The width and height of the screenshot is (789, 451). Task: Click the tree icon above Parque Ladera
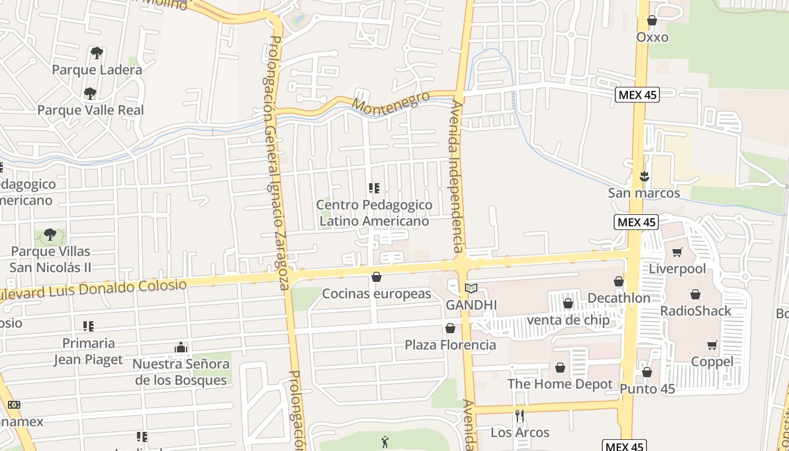(x=97, y=53)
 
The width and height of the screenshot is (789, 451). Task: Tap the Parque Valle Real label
(x=91, y=110)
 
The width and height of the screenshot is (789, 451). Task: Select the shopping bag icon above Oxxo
(x=652, y=21)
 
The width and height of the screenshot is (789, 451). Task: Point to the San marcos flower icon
(x=644, y=176)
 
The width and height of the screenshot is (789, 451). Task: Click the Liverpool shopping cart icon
(x=677, y=252)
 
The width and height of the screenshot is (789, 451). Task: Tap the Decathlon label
(x=618, y=298)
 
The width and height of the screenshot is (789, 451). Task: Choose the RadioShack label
(x=695, y=311)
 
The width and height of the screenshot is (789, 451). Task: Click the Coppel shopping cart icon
(x=712, y=345)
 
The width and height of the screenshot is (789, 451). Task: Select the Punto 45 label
(x=647, y=389)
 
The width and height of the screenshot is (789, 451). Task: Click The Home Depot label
(x=560, y=384)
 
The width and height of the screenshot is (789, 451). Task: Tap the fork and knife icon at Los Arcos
(x=520, y=416)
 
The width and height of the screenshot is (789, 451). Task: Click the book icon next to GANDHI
(x=471, y=289)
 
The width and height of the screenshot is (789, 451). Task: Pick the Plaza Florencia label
(x=450, y=344)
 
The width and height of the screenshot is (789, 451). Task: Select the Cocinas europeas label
(x=376, y=294)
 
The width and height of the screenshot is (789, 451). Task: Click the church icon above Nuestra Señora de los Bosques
(x=180, y=347)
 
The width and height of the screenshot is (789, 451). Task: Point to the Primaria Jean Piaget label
(x=88, y=351)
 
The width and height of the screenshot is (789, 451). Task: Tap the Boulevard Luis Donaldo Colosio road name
(x=93, y=290)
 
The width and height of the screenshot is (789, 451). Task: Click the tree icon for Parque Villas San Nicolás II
(x=50, y=235)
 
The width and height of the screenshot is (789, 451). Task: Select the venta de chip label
(x=568, y=320)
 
